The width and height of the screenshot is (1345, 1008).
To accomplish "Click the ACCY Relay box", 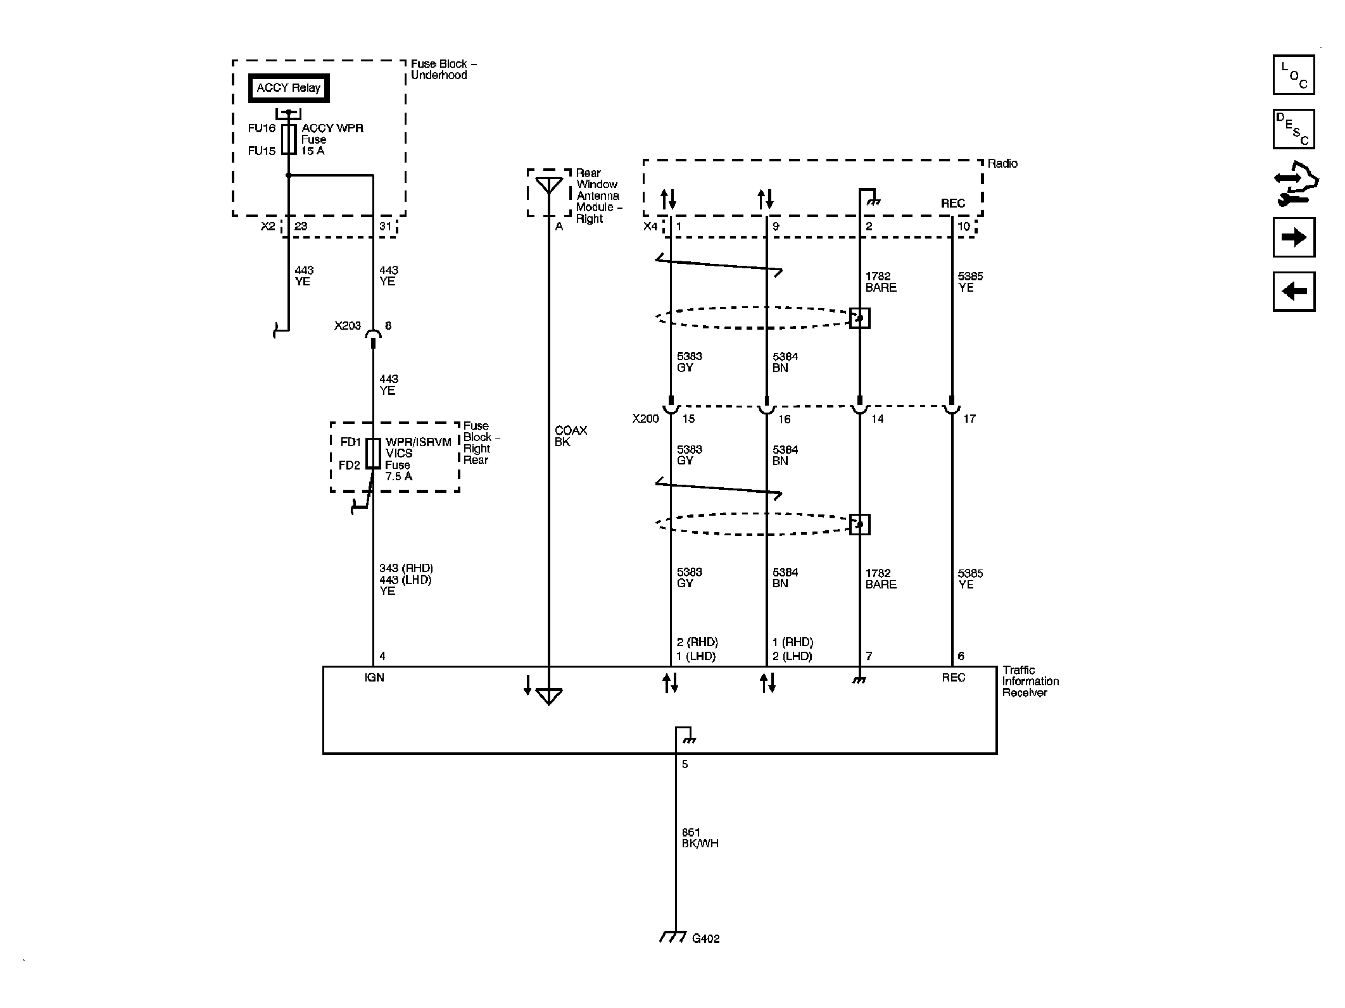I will coord(289,88).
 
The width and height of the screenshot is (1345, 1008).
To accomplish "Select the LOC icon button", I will coord(1294,75).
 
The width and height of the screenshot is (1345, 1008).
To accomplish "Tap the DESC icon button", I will coord(1294,129).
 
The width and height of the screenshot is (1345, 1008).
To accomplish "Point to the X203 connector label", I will coord(347,326).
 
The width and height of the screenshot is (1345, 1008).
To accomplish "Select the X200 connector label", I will coord(645,418).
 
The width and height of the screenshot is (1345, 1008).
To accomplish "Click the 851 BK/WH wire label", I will coord(699,838).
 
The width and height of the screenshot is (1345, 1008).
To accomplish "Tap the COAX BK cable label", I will coord(570,436).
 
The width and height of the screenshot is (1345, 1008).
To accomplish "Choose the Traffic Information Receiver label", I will coord(1030,681).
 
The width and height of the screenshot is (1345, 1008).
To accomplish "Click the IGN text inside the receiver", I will coord(374,678).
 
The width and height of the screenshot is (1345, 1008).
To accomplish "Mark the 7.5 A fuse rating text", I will coord(398,476).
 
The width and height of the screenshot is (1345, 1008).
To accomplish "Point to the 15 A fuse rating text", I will coord(313,151).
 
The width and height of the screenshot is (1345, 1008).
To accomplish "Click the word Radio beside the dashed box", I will coord(1002,163).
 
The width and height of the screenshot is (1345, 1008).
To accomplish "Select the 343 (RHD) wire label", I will coord(406,568).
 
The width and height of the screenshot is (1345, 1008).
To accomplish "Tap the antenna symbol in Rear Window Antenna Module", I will coord(548,185).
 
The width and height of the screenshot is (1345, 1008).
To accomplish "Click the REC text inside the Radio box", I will coord(952,203).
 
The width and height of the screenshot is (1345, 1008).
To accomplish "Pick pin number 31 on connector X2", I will coord(385,226).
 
